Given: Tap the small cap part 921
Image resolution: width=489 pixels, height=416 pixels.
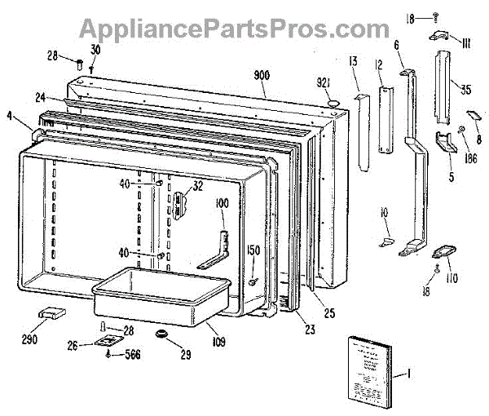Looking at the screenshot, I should (333, 100).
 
